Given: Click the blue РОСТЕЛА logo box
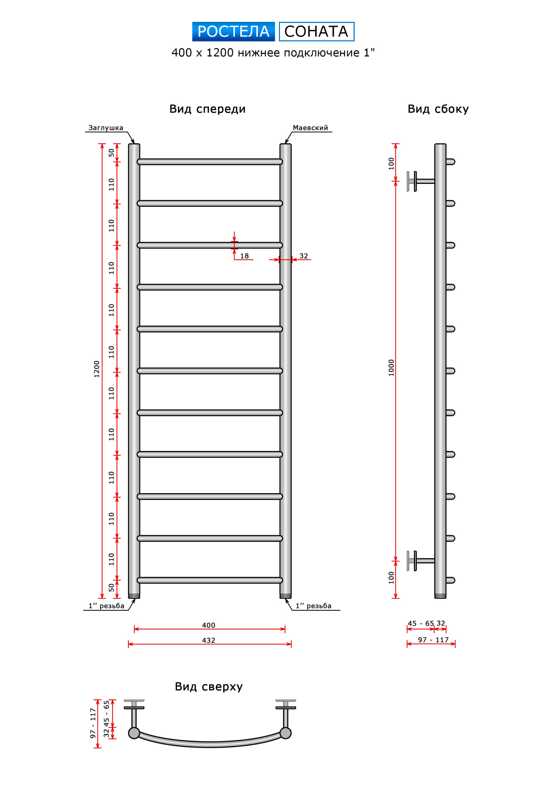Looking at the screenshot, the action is click(x=234, y=31).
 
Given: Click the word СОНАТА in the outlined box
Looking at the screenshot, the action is click(x=316, y=31).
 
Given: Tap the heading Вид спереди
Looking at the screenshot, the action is click(x=207, y=109).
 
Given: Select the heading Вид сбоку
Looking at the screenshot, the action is click(x=438, y=109).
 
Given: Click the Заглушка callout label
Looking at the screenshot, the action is click(x=106, y=128).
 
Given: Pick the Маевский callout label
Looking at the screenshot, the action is click(x=310, y=128).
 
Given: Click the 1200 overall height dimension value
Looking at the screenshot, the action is click(x=97, y=369).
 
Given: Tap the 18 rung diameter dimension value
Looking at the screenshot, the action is click(x=244, y=256).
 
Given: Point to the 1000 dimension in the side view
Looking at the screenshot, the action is click(x=391, y=368).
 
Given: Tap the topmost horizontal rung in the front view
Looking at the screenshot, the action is click(x=210, y=162).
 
